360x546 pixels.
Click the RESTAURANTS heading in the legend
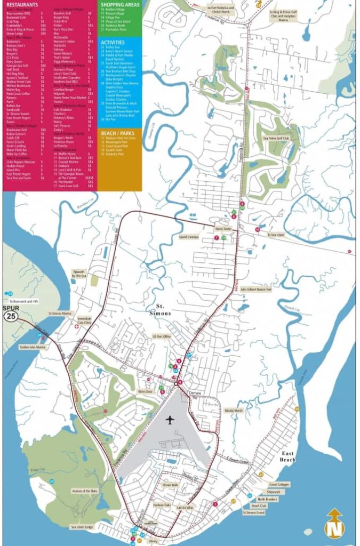[x=20, y=4]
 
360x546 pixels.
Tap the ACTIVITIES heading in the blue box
[x=113, y=42]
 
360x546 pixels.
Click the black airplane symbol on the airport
[x=171, y=420]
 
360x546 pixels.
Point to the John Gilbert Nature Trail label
[x=256, y=290]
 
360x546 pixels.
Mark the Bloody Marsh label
[x=234, y=411]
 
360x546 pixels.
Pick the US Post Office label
[x=161, y=337]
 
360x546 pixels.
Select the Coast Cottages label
[x=279, y=485]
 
